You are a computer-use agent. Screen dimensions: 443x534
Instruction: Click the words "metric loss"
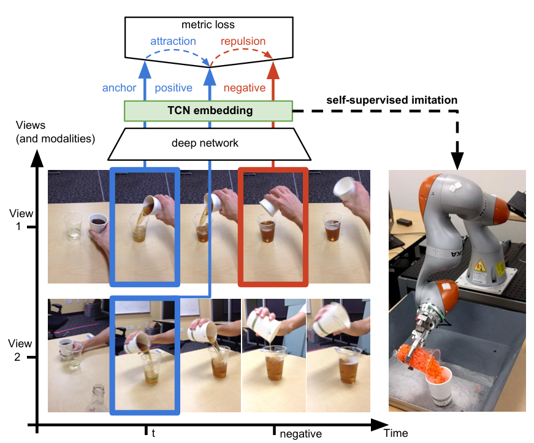point(208,25)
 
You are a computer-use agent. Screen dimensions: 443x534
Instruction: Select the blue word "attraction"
point(174,42)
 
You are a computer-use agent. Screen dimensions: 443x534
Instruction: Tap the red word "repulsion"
point(243,42)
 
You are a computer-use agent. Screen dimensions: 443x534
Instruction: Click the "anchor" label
point(119,88)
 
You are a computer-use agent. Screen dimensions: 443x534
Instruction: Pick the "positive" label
point(174,88)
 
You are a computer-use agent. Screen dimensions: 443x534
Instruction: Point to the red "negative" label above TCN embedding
point(245,88)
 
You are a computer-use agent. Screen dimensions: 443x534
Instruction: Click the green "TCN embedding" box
point(208,111)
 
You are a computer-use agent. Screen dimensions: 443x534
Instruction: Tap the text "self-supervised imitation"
point(392,99)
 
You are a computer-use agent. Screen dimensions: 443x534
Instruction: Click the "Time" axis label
point(395,433)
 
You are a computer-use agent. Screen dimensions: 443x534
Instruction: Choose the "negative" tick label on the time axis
point(300,434)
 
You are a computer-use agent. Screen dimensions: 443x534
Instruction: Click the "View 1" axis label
point(20,220)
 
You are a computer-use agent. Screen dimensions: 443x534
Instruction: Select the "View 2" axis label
point(20,350)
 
